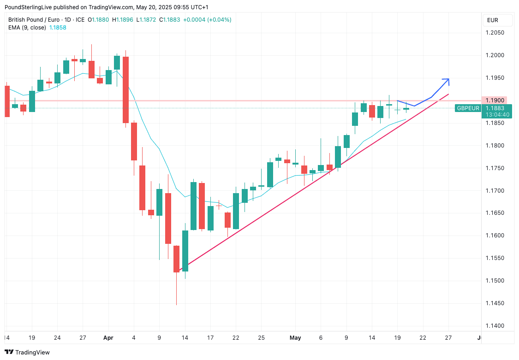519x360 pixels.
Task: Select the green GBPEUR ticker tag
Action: pyautogui.click(x=468, y=108)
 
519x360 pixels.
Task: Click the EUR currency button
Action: pyautogui.click(x=493, y=20)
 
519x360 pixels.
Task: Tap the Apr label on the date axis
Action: pyautogui.click(x=108, y=338)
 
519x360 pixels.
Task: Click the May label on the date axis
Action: pyautogui.click(x=295, y=338)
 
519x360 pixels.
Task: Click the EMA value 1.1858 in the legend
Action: pyautogui.click(x=58, y=28)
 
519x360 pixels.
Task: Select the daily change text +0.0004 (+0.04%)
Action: pyautogui.click(x=207, y=20)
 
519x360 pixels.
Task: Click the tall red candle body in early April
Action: pyautogui.click(x=125, y=89)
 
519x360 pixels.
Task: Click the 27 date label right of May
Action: pyautogui.click(x=448, y=338)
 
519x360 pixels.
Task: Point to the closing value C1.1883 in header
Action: pyautogui.click(x=169, y=20)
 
